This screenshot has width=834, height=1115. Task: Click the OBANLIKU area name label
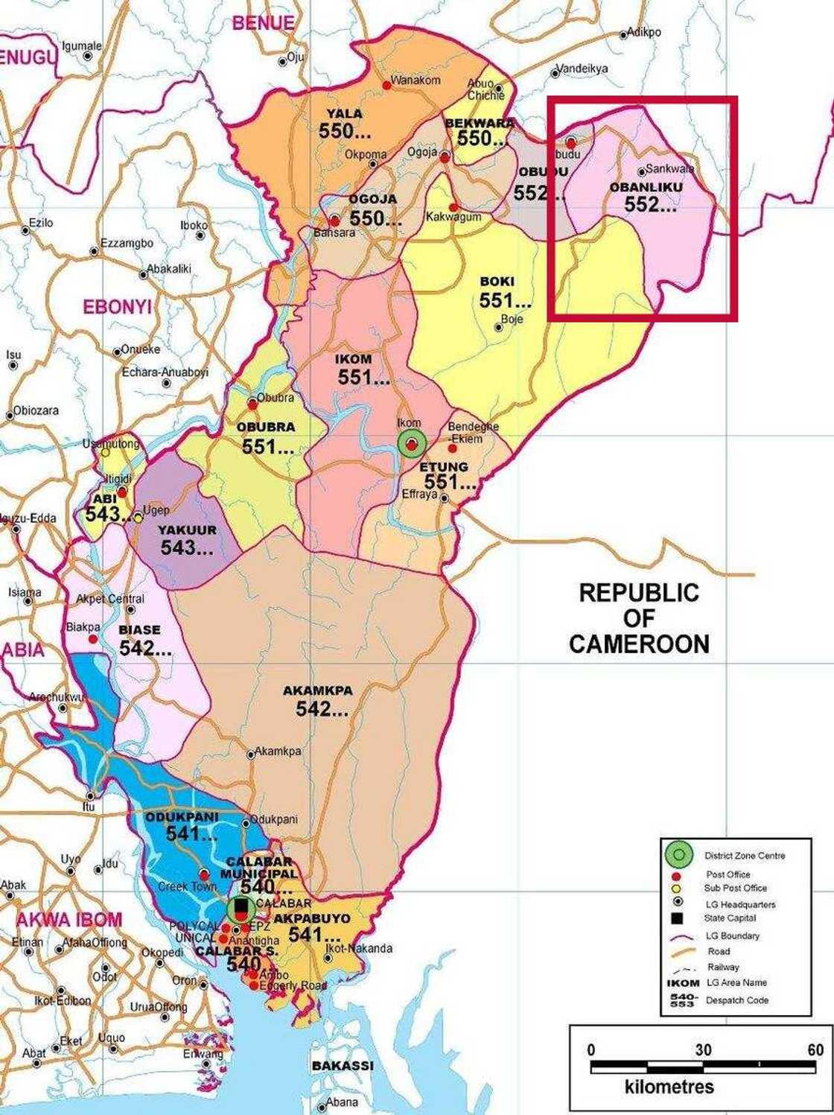[646, 187]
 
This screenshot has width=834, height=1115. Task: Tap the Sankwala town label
[669, 169]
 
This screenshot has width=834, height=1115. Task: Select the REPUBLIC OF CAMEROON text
[639, 618]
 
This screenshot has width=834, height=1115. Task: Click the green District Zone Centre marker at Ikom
[411, 444]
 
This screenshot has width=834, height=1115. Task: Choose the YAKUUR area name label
[187, 530]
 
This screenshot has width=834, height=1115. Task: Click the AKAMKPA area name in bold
[317, 690]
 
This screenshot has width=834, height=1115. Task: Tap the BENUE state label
[263, 23]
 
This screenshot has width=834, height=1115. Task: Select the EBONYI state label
[117, 307]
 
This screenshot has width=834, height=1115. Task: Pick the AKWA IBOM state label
[69, 920]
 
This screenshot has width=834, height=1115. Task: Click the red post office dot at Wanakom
[386, 86]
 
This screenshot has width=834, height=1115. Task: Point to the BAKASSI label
[343, 1066]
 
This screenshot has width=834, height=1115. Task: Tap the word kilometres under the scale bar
[669, 1087]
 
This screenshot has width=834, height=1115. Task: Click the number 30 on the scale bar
[703, 1050]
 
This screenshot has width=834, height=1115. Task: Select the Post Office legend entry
[728, 874]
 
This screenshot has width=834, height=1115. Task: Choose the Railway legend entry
[723, 967]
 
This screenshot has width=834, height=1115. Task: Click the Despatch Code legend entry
[736, 1000]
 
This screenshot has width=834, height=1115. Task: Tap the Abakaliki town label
[169, 269]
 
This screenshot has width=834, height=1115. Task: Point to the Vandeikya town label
[583, 69]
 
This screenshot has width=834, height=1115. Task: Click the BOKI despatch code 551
[505, 301]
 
